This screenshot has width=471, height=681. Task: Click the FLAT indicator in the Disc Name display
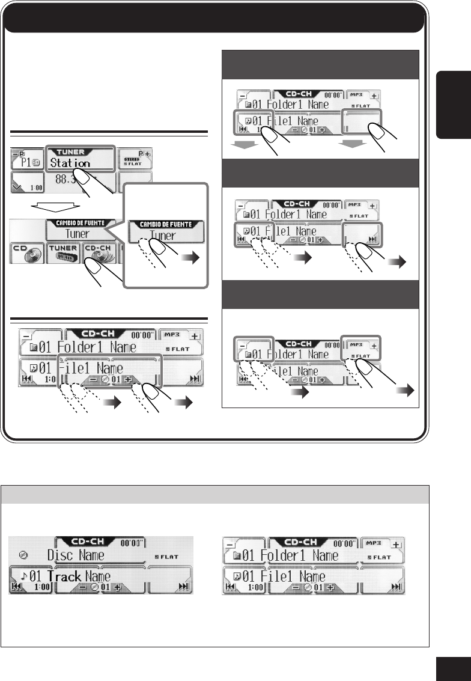tap(165, 557)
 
